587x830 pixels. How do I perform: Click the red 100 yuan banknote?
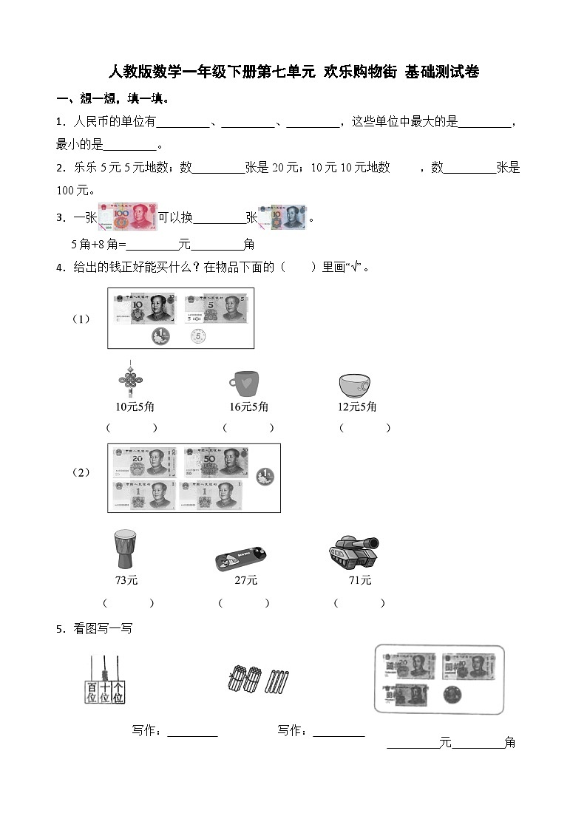(127, 217)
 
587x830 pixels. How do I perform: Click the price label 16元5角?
(248, 407)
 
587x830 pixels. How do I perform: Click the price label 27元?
(245, 580)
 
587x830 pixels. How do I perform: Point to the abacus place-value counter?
(104, 681)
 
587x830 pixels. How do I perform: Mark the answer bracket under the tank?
(359, 603)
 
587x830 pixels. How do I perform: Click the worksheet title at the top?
(293, 72)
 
